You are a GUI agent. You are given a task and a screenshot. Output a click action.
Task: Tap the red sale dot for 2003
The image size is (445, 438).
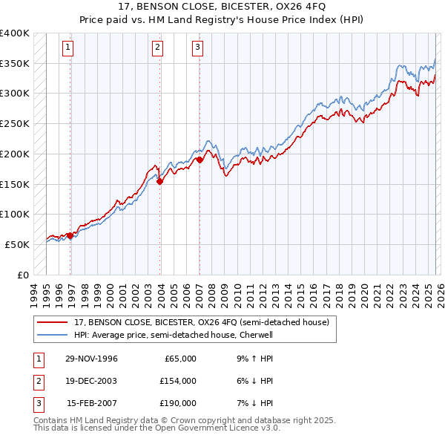160,181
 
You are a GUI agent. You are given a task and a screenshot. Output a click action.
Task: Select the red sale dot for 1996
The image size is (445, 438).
70,235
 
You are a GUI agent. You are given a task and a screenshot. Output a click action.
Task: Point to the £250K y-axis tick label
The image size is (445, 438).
15,124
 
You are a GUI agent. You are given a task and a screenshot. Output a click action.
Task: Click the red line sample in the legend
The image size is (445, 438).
53,321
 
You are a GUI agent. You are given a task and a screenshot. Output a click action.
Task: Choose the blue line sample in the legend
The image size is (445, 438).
53,335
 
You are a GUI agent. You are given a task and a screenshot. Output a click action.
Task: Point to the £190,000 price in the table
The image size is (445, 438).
178,403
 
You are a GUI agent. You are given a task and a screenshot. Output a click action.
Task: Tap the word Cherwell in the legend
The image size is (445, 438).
257,335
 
